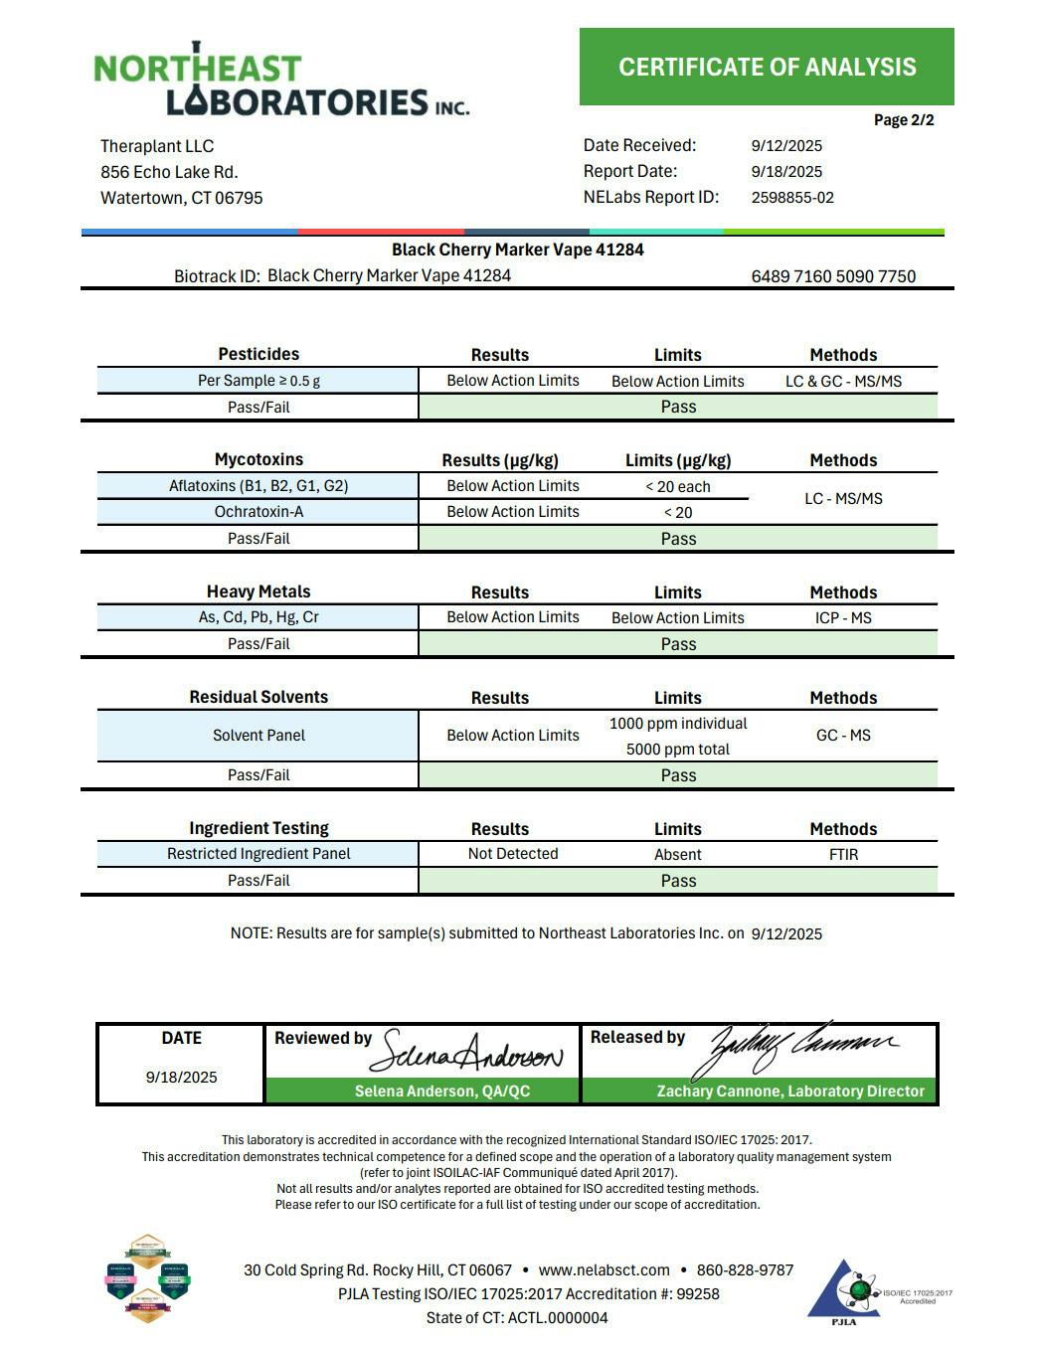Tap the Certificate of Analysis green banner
point(767,67)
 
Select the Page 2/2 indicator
point(903,120)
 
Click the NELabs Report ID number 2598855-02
point(792,198)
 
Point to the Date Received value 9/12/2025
point(786,146)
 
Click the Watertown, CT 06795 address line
point(182,198)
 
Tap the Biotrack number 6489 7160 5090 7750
point(833,276)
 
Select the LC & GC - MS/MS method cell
point(843,381)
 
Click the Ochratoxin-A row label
point(259,512)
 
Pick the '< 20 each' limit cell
point(678,487)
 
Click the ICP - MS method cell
point(843,617)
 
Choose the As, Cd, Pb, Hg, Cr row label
point(259,617)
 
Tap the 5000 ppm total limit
point(678,750)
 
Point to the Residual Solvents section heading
point(259,697)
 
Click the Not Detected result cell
point(513,854)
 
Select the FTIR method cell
point(843,854)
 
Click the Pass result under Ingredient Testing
point(678,881)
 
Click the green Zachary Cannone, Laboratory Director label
point(790,1092)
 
